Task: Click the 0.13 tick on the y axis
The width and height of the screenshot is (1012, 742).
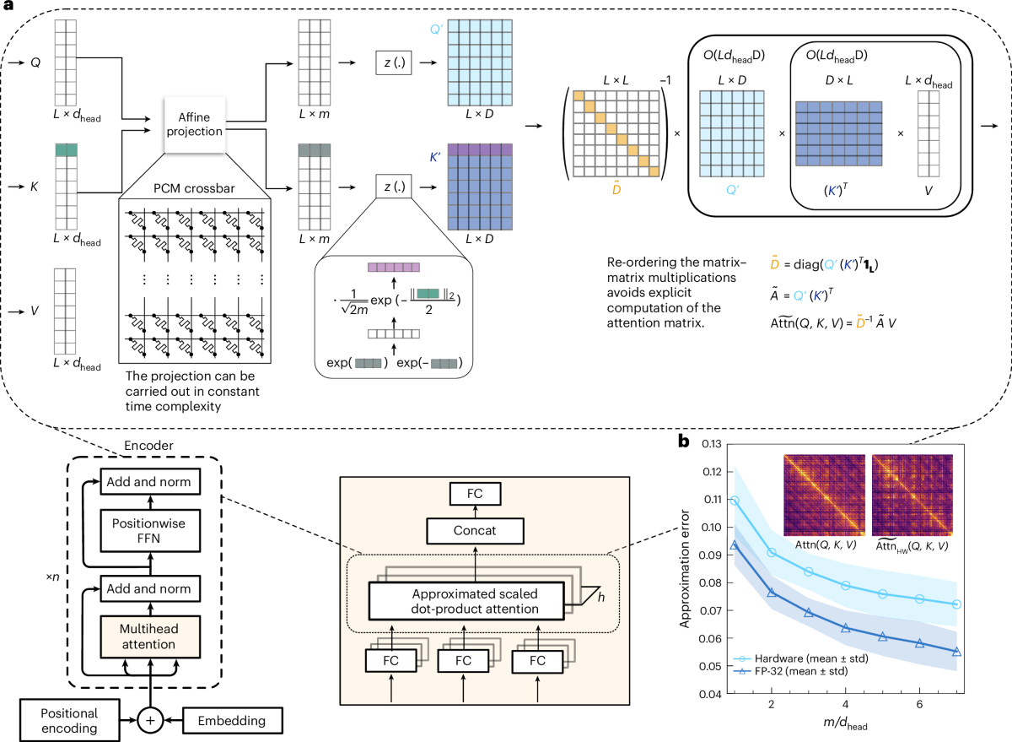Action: point(711,444)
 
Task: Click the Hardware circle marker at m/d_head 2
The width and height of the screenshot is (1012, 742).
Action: point(772,552)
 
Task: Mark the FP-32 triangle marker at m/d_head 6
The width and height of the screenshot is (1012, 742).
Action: point(919,643)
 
